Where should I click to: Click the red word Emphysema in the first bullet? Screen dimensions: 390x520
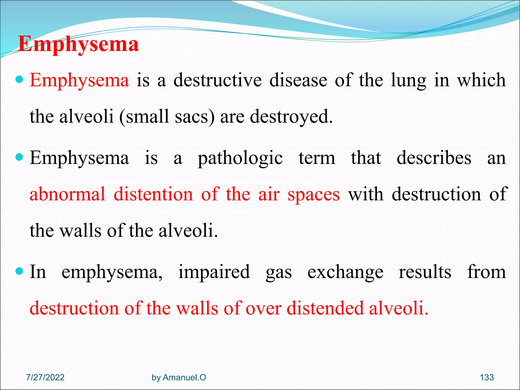pyautogui.click(x=79, y=80)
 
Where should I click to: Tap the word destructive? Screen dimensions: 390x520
pyautogui.click(x=218, y=80)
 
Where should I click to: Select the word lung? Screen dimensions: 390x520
pyautogui.click(x=408, y=80)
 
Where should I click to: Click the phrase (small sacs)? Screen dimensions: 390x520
pyautogui.click(x=167, y=117)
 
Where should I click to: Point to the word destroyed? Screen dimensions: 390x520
pyautogui.click(x=291, y=117)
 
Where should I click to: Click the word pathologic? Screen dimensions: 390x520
pyautogui.click(x=240, y=158)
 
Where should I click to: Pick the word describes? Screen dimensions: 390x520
pyautogui.click(x=434, y=158)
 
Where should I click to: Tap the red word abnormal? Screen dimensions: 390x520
pyautogui.click(x=67, y=194)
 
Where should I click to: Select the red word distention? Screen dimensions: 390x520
pyautogui.click(x=153, y=194)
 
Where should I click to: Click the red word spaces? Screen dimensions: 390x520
pyautogui.click(x=313, y=194)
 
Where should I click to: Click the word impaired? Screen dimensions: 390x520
pyautogui.click(x=214, y=272)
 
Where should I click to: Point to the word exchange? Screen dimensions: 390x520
pyautogui.click(x=345, y=272)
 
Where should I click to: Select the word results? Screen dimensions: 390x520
pyautogui.click(x=425, y=272)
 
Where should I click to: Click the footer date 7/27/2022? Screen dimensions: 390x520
pyautogui.click(x=45, y=378)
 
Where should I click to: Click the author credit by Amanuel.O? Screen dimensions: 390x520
pyautogui.click(x=179, y=378)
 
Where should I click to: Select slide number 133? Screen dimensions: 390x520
pyautogui.click(x=487, y=378)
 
